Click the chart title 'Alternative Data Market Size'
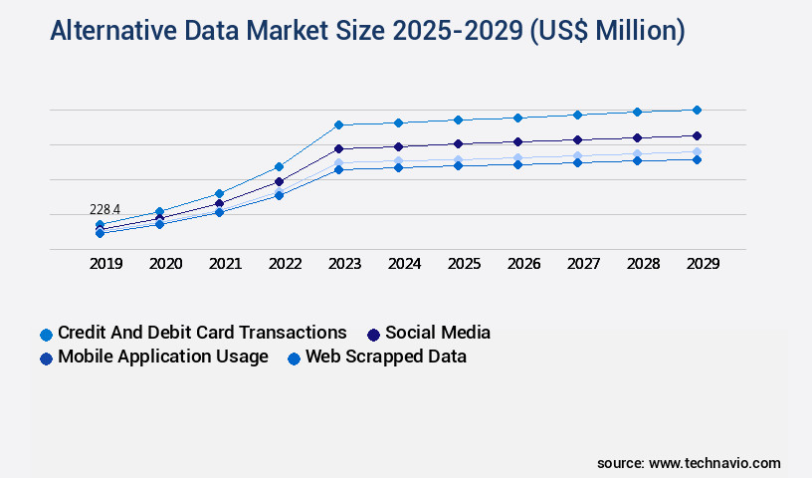[367, 32]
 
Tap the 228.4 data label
[104, 209]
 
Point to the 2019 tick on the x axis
[105, 264]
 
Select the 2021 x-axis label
[225, 264]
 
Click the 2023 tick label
[344, 264]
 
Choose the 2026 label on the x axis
[523, 264]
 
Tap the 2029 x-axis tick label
[703, 264]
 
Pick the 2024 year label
[404, 264]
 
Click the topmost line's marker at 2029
[697, 110]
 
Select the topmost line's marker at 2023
[338, 124]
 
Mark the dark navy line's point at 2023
[338, 148]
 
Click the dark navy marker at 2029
[697, 135]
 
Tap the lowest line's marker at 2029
[697, 159]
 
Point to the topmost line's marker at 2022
[279, 166]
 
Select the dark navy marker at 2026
[517, 141]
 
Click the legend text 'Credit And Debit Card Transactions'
[202, 333]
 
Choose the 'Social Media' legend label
[438, 333]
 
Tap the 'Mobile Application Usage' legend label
[163, 357]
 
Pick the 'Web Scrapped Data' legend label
[386, 357]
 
